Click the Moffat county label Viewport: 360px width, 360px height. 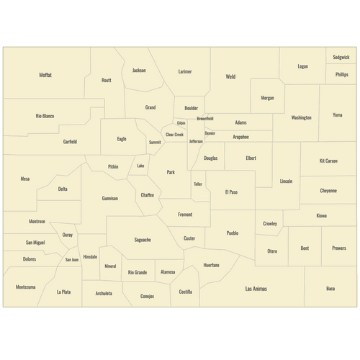pyautogui.click(x=45, y=75)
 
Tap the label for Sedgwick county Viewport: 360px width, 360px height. pyautogui.click(x=341, y=57)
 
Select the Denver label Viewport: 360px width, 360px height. pyautogui.click(x=210, y=133)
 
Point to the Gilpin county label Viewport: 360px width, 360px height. pyautogui.click(x=181, y=123)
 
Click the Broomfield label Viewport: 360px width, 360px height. pyautogui.click(x=204, y=118)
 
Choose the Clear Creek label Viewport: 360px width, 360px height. pyautogui.click(x=174, y=135)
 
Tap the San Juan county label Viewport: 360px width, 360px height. pyautogui.click(x=72, y=259)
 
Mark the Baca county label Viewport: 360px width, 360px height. pyautogui.click(x=330, y=288)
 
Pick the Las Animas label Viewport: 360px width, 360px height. pyautogui.click(x=256, y=288)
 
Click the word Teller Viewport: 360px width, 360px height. pyautogui.click(x=198, y=184)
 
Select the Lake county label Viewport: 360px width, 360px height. pyautogui.click(x=140, y=166)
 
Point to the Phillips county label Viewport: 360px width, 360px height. pyautogui.click(x=341, y=74)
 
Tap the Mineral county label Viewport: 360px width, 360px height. pyautogui.click(x=110, y=266)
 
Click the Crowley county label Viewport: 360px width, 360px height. pyautogui.click(x=270, y=223)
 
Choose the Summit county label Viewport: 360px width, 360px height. pyautogui.click(x=155, y=143)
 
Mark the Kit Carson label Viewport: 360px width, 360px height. pyautogui.click(x=328, y=161)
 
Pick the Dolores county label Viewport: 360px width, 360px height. pyautogui.click(x=30, y=258)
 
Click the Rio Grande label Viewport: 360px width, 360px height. pyautogui.click(x=138, y=272)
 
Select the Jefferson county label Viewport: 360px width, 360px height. pyautogui.click(x=196, y=141)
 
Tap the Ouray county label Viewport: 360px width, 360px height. pyautogui.click(x=67, y=235)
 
